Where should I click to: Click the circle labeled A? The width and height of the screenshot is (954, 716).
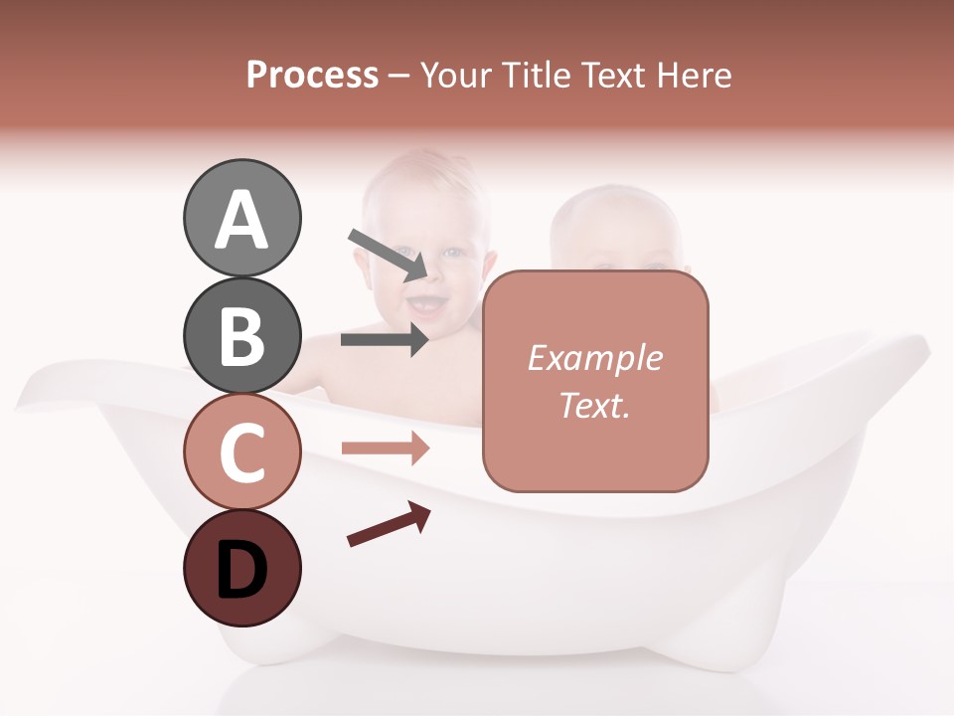pyautogui.click(x=241, y=218)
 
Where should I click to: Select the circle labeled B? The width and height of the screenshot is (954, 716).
pyautogui.click(x=241, y=335)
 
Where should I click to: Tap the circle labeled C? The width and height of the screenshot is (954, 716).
pyautogui.click(x=241, y=451)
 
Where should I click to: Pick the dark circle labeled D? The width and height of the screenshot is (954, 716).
pyautogui.click(x=241, y=568)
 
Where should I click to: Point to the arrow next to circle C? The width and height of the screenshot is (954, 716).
pyautogui.click(x=385, y=448)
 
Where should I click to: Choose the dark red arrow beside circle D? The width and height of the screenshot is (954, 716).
pyautogui.click(x=389, y=524)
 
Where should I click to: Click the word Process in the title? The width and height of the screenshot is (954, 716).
pyautogui.click(x=312, y=76)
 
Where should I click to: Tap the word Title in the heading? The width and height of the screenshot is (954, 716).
pyautogui.click(x=536, y=76)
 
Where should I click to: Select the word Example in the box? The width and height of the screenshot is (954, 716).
pyautogui.click(x=594, y=358)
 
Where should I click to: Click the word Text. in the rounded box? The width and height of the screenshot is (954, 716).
pyautogui.click(x=594, y=405)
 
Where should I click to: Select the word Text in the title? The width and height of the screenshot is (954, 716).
pyautogui.click(x=609, y=76)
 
